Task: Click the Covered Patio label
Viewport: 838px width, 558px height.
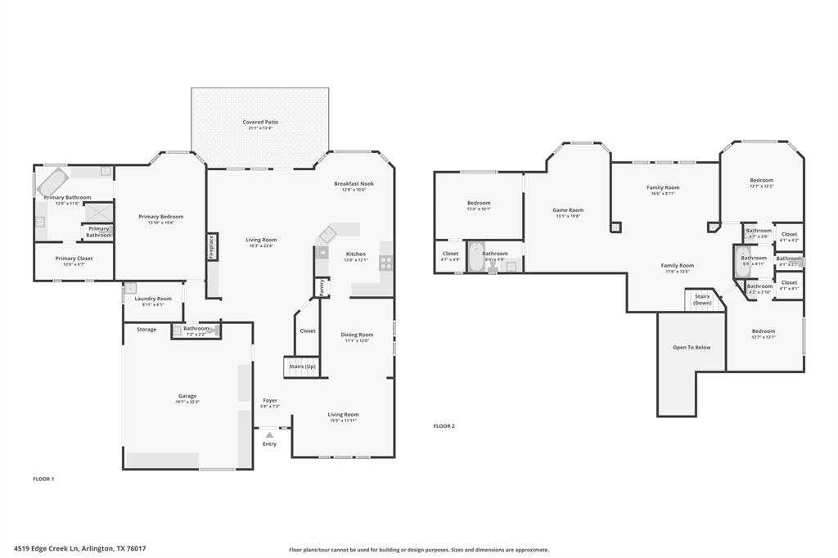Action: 260,122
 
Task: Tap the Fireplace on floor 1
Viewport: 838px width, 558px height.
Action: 211,246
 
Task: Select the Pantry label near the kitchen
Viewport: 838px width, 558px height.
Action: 322,287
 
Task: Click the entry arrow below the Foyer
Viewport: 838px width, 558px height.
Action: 269,435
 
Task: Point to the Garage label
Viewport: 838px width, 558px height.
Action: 187,396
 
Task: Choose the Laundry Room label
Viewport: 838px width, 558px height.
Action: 153,299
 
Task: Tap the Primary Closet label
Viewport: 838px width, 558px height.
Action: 74,259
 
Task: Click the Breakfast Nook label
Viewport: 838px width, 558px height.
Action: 354,184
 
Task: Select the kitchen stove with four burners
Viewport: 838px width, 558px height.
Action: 385,263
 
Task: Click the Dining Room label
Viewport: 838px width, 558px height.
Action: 357,335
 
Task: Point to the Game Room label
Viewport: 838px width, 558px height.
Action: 568,210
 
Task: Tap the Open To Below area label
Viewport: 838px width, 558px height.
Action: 692,347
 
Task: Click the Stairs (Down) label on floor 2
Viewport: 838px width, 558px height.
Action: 702,299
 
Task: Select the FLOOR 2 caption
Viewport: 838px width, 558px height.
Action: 444,425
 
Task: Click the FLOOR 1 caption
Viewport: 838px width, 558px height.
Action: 43,479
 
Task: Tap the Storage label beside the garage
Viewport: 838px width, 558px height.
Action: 146,330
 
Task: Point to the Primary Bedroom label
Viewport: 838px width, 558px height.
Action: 160,217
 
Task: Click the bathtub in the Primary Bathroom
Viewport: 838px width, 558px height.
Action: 55,181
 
